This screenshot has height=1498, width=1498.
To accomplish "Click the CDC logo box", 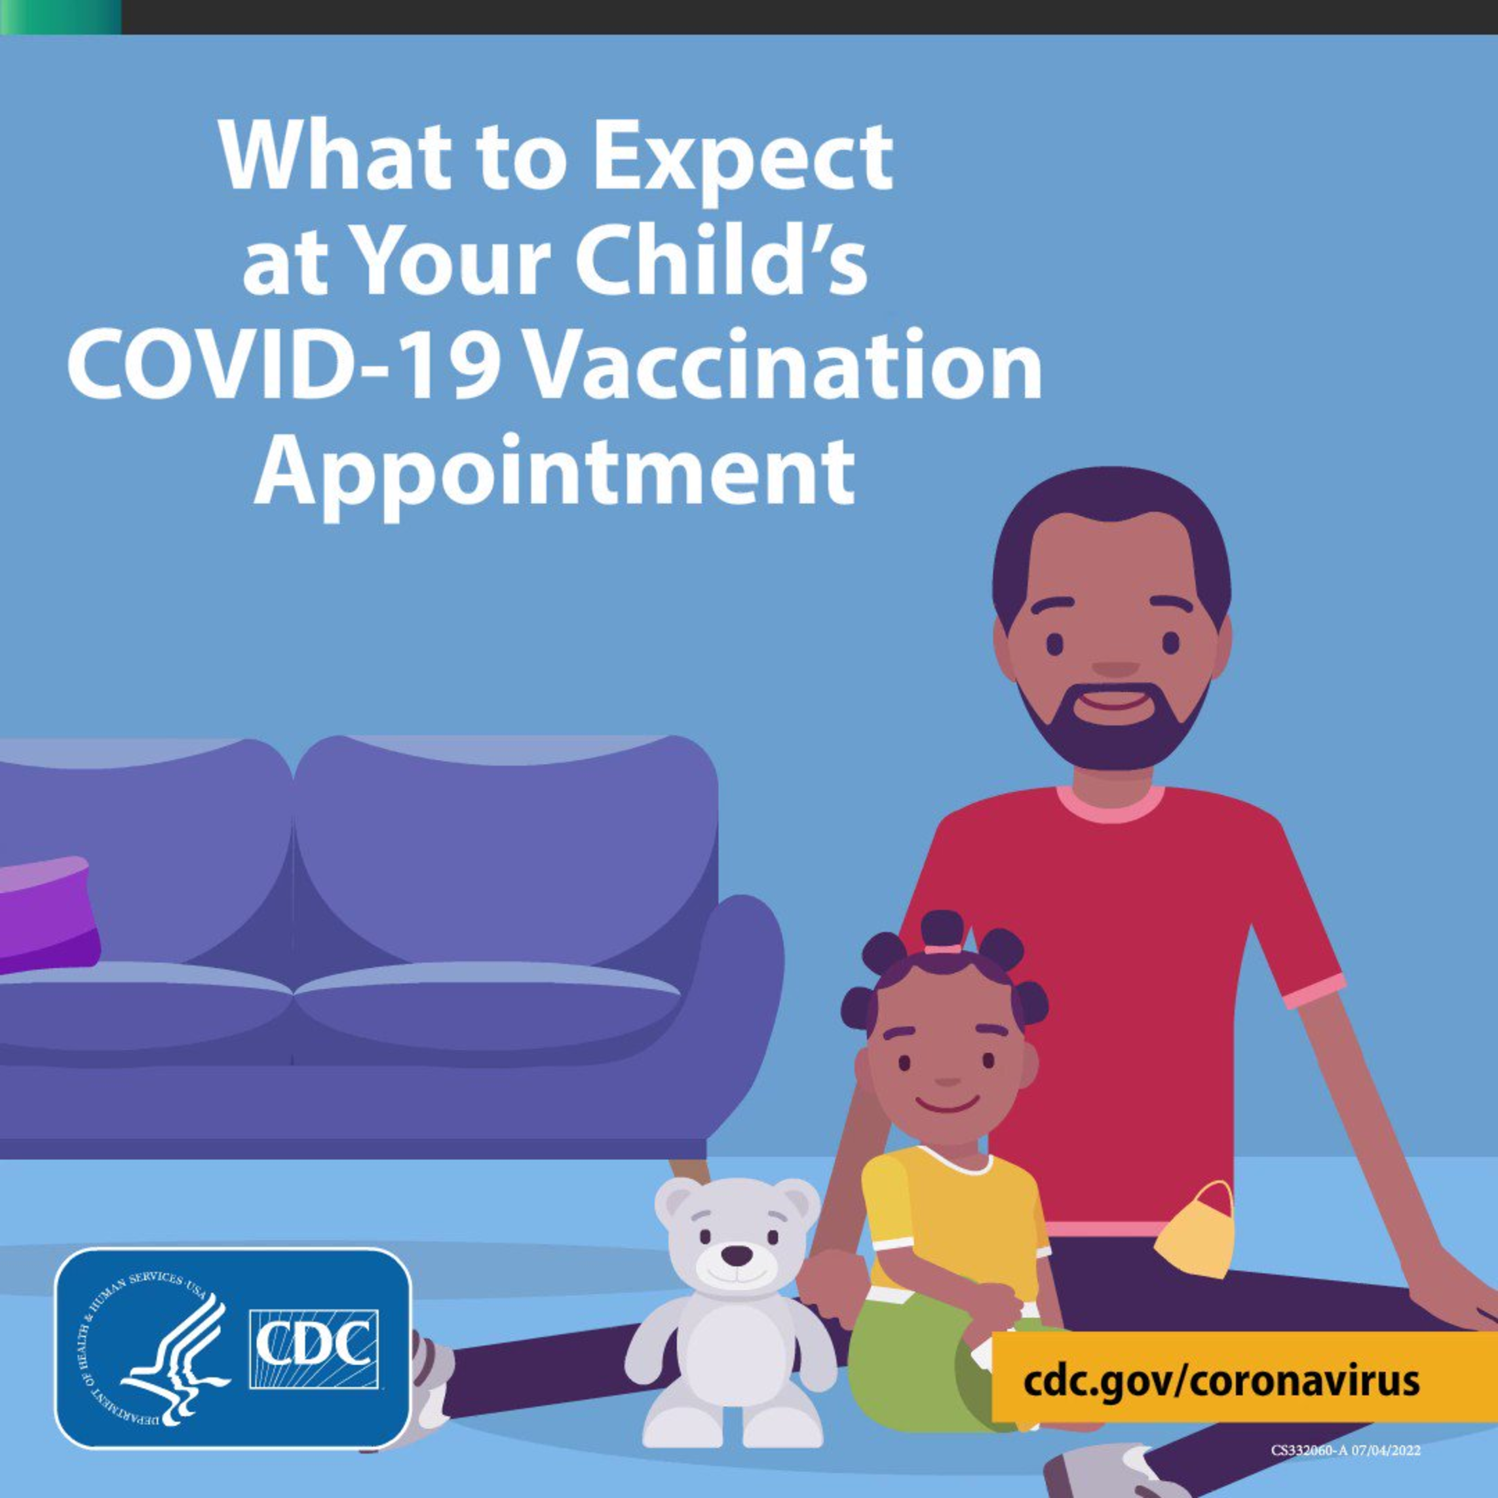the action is coord(314,1349).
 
